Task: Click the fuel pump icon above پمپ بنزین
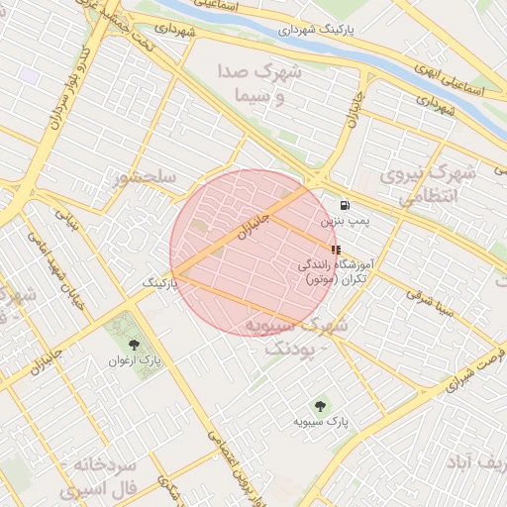(x=344, y=205)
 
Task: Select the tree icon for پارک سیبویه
(x=319, y=405)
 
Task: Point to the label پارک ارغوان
(x=134, y=360)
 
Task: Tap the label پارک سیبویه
(x=319, y=422)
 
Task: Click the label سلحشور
(x=145, y=178)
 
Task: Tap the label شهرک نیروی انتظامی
(x=435, y=184)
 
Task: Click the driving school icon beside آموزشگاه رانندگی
(x=335, y=250)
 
